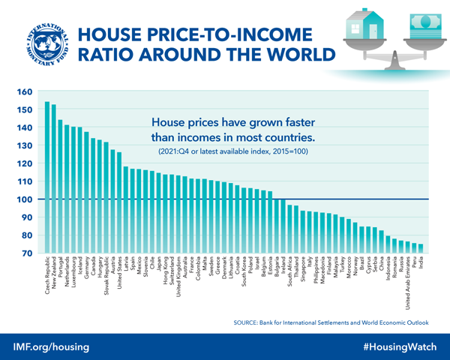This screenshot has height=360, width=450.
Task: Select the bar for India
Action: [x=421, y=249]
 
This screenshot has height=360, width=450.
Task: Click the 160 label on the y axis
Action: [x=25, y=92]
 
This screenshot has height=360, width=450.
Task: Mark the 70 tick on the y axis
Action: [x=27, y=253]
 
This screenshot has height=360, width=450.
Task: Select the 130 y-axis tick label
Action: [x=25, y=146]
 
